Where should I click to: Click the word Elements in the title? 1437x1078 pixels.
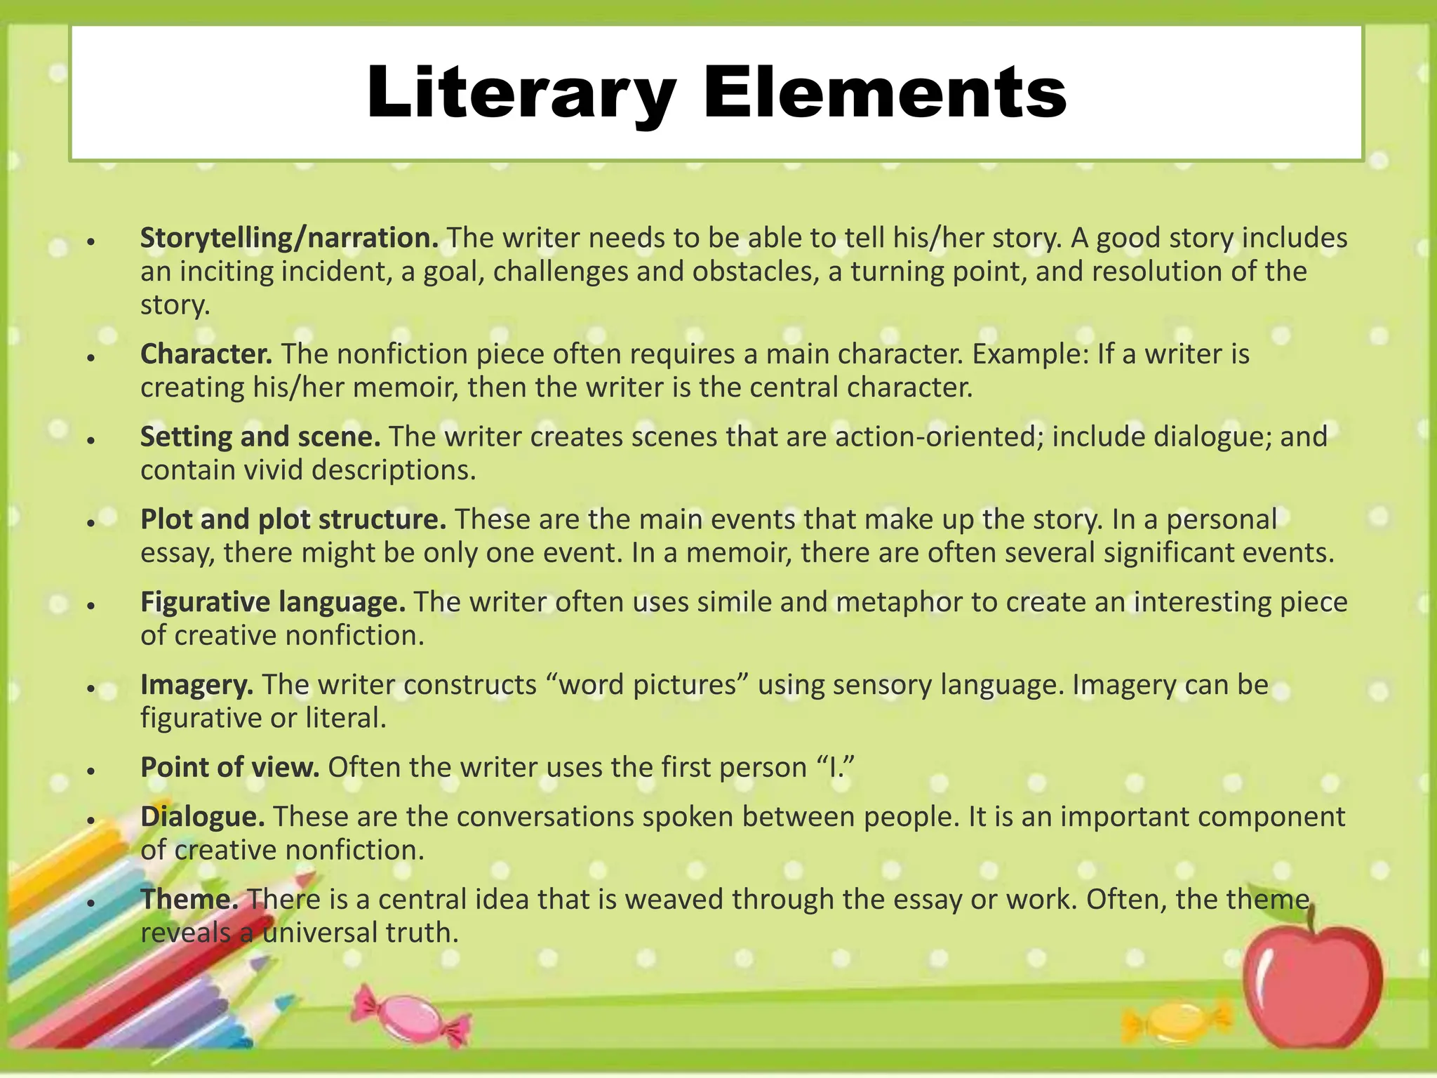click(x=885, y=94)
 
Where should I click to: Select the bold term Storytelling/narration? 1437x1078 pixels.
click(x=289, y=238)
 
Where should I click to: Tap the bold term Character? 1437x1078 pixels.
click(x=206, y=354)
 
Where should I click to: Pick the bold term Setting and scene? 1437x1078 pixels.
click(x=260, y=437)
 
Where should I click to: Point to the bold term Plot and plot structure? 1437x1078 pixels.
click(x=293, y=519)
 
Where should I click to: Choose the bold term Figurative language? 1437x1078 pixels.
click(x=273, y=602)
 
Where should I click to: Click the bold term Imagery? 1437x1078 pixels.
click(x=196, y=684)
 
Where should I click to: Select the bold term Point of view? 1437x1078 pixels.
click(x=230, y=767)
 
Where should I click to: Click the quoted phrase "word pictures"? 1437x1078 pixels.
click(x=647, y=684)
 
